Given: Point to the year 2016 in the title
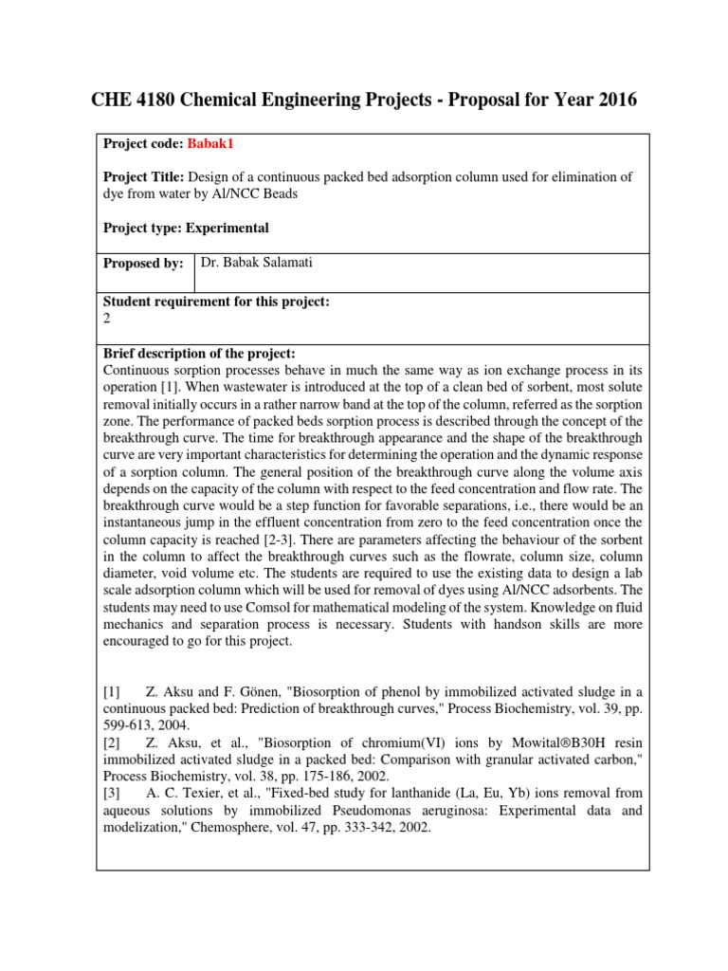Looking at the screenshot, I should (612, 100).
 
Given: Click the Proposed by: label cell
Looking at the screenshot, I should (143, 265).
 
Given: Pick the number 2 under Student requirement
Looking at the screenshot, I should (106, 319).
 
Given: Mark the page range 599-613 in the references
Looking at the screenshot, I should (124, 729).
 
